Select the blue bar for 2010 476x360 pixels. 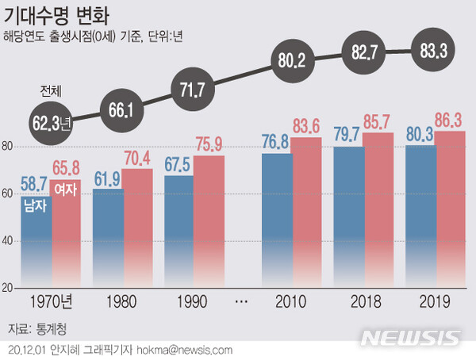[277, 218]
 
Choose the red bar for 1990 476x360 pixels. [209, 222]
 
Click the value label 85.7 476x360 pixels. [378, 123]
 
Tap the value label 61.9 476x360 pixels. [107, 180]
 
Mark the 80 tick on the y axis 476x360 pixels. [6, 147]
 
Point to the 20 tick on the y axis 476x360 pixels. [6, 287]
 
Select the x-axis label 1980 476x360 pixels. [121, 302]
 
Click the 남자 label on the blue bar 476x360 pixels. [36, 207]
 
